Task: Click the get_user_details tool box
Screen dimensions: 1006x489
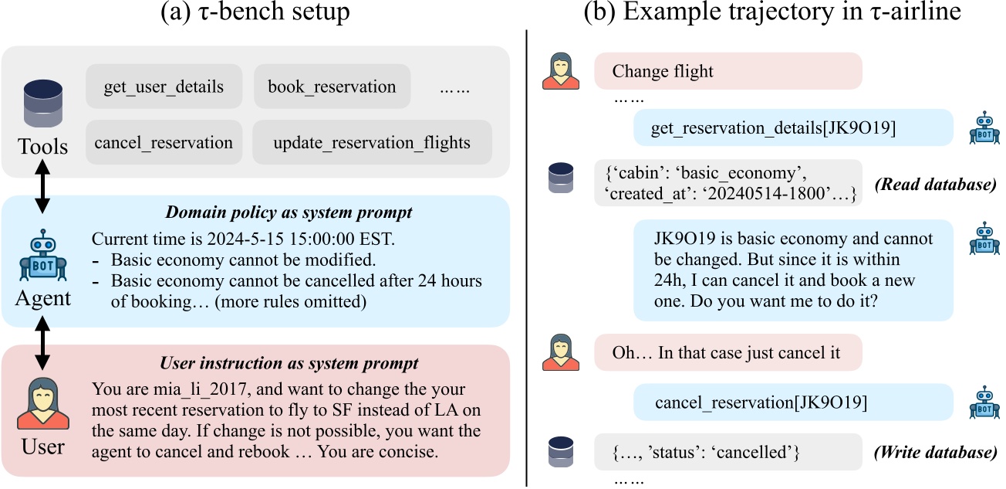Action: (x=164, y=87)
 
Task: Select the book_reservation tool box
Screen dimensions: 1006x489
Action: (x=332, y=87)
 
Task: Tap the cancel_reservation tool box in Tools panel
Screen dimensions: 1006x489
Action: (x=164, y=142)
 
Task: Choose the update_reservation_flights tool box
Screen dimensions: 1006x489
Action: (x=372, y=142)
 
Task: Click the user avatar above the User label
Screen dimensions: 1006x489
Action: (x=42, y=402)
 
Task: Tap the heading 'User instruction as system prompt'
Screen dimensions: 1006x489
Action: (x=289, y=363)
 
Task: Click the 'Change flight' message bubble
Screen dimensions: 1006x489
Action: (x=727, y=71)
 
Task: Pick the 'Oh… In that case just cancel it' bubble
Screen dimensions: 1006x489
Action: (x=727, y=353)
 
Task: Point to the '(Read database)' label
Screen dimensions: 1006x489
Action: (x=936, y=185)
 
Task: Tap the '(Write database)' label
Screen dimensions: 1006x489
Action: (x=934, y=452)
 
